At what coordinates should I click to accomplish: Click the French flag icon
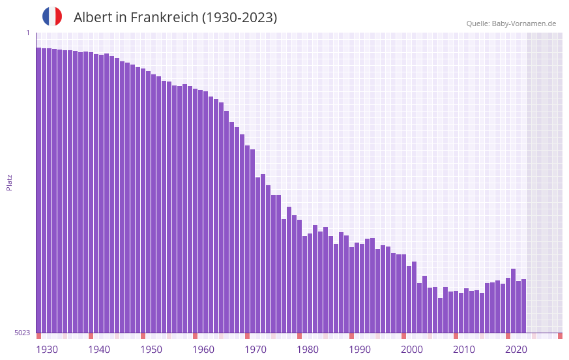coord(52,16)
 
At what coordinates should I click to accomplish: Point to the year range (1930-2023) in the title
coord(239,18)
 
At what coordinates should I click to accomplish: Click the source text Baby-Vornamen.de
coord(524,23)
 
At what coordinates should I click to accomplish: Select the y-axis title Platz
coord(9,182)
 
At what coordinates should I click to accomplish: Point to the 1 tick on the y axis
coord(28,33)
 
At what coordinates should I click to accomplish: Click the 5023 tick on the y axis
coord(22,333)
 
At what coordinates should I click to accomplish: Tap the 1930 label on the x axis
coord(47,350)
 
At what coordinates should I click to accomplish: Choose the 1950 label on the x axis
coord(151,350)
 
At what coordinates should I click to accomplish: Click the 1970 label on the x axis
coord(255,350)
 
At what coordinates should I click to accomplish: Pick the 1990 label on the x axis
coord(360,350)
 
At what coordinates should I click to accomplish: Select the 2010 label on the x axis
coord(464,350)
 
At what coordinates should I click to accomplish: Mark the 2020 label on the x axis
coord(516,350)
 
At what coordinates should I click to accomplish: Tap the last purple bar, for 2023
coord(523,306)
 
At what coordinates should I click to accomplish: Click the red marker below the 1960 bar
coord(195,336)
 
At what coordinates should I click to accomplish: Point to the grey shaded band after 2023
coord(544,183)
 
